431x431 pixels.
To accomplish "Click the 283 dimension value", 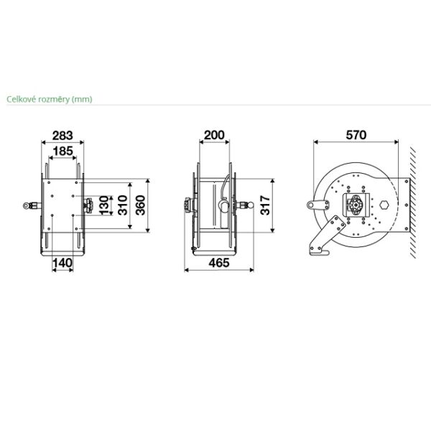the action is (x=62, y=136).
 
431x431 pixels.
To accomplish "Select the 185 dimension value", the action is (x=63, y=151).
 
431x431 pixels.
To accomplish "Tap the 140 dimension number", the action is (x=62, y=263).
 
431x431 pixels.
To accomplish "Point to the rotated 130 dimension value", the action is (x=104, y=205).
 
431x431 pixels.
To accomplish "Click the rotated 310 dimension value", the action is (x=122, y=205).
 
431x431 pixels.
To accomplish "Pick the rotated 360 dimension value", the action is (x=140, y=205).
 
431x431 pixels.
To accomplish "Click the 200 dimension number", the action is (x=214, y=135).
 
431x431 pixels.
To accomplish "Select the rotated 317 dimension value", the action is (x=265, y=205).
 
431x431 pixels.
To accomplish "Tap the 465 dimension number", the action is (x=219, y=263).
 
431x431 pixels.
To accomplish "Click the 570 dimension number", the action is (x=356, y=135).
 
